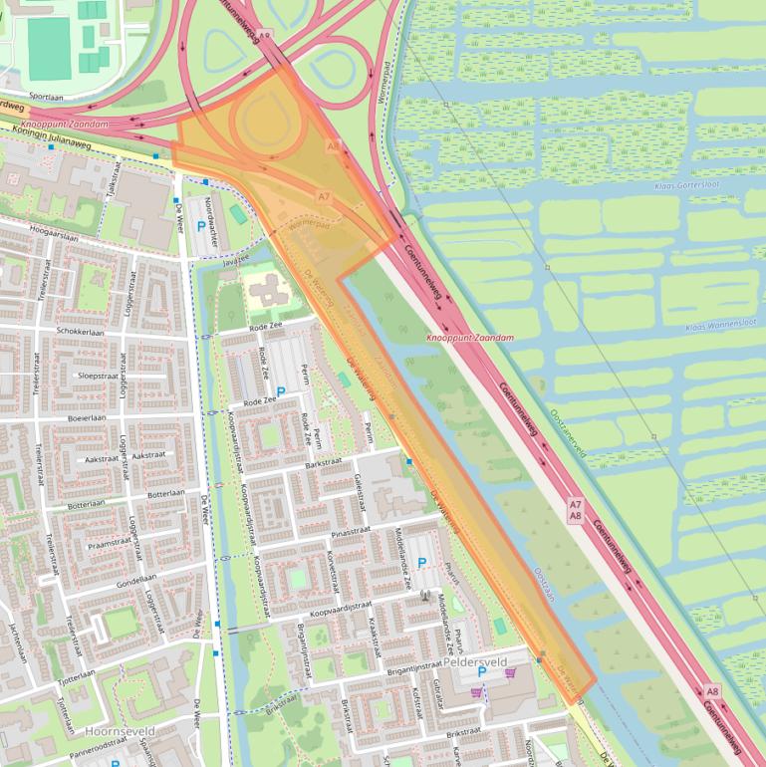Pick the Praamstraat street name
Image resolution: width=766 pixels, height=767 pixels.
tap(110, 544)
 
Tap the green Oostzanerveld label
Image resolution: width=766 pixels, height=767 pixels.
tap(570, 433)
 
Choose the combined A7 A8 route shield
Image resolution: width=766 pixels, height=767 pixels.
tap(575, 510)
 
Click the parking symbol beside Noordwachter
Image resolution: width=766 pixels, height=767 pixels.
tap(201, 227)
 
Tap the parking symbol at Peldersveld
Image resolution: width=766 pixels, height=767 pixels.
tap(421, 563)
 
